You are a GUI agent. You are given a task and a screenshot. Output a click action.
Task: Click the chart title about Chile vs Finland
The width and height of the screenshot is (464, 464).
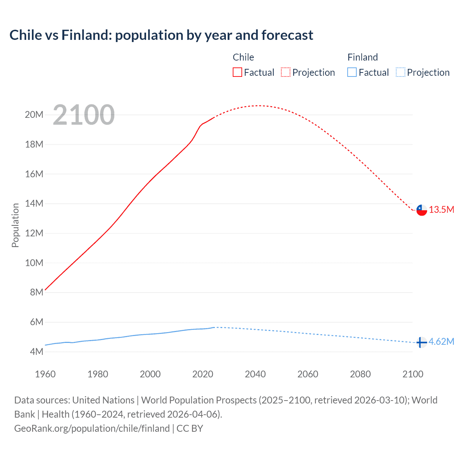click(161, 35)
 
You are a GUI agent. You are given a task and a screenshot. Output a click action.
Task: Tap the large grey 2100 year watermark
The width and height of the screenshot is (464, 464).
click(84, 115)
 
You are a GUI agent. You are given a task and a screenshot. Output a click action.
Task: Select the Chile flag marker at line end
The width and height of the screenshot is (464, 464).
click(422, 210)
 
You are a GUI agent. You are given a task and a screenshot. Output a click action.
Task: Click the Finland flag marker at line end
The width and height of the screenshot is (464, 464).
click(421, 342)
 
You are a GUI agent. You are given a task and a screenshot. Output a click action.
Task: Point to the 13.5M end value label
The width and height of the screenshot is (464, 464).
click(442, 210)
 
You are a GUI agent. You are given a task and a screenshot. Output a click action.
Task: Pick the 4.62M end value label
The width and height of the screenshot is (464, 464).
click(441, 342)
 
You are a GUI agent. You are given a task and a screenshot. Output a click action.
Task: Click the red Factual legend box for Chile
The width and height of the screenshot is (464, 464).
click(237, 72)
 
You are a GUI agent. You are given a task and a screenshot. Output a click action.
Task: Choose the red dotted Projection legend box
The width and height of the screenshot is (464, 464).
click(286, 72)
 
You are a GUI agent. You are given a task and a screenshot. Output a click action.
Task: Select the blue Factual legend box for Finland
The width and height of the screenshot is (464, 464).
click(352, 72)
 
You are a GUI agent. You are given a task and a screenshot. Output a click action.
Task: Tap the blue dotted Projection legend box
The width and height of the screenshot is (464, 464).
click(401, 72)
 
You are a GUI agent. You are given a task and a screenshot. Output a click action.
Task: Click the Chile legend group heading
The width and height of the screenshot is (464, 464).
click(243, 57)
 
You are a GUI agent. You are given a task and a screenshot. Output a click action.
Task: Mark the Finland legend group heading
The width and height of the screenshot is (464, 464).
click(362, 57)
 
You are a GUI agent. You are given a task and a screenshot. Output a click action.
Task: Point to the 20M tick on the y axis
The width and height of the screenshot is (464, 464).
click(34, 115)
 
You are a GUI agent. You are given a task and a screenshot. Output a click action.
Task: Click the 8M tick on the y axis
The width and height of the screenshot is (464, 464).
click(36, 293)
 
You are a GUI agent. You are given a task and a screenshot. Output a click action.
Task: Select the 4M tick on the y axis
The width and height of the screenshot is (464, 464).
click(36, 352)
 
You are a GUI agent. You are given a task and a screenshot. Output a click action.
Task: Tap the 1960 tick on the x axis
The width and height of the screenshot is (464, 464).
click(45, 374)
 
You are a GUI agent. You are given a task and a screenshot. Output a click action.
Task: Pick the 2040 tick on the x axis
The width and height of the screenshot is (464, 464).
click(255, 374)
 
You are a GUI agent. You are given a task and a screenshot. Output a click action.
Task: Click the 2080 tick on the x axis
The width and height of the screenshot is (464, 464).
click(360, 374)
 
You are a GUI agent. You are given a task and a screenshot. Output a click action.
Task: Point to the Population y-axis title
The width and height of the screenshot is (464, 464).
click(15, 225)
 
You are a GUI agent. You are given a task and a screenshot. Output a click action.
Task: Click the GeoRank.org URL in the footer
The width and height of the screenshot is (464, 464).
click(92, 428)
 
